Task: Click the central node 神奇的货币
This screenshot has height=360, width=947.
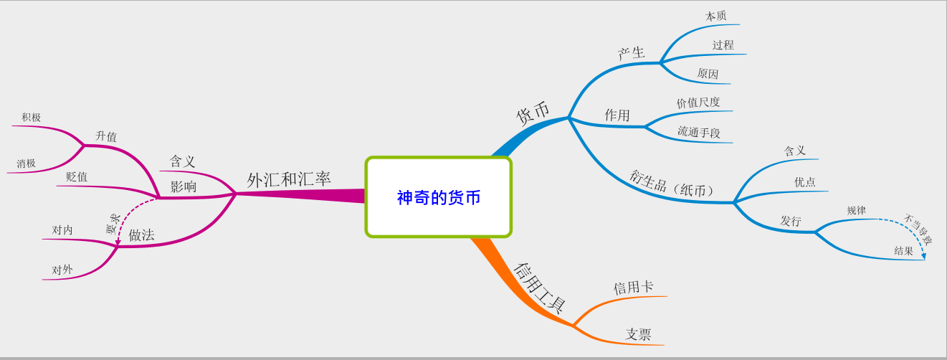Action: click(x=439, y=197)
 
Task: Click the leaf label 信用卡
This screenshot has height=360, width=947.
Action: click(x=633, y=288)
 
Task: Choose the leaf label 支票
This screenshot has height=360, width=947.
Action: click(x=638, y=334)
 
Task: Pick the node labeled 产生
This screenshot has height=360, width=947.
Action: click(x=632, y=52)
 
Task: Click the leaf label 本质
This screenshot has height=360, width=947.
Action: click(x=715, y=16)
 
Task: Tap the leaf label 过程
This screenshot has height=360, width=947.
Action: click(x=723, y=45)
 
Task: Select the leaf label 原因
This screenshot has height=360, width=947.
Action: click(x=708, y=74)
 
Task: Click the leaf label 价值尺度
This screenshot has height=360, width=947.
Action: click(x=698, y=103)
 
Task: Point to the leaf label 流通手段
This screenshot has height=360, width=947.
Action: click(x=699, y=133)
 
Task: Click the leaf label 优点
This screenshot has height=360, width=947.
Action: click(x=804, y=182)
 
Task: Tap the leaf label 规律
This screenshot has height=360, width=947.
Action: click(x=856, y=211)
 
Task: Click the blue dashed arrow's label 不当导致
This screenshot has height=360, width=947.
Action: click(x=918, y=229)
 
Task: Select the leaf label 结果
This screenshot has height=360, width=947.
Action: click(x=903, y=251)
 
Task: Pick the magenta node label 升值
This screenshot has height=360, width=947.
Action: click(x=106, y=136)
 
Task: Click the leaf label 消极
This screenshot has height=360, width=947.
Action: click(x=27, y=164)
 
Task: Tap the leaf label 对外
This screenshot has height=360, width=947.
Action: click(x=62, y=270)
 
